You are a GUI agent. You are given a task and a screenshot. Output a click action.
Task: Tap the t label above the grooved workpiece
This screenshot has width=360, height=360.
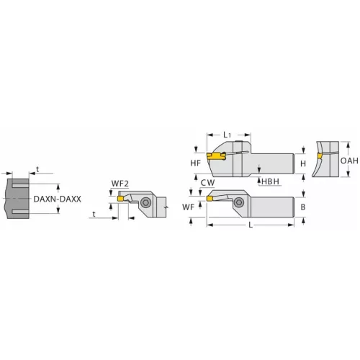coord(37,171)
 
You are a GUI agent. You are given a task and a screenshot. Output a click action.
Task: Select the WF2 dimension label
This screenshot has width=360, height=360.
coord(120,183)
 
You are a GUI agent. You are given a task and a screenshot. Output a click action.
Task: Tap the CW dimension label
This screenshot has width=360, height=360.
coord(208,184)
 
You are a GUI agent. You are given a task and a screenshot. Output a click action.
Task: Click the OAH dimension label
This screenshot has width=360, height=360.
coord(348,161)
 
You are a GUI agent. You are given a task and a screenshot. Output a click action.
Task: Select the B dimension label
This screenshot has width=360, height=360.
coord(303,207)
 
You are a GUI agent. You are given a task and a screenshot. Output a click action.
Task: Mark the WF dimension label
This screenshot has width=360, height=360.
coord(189,207)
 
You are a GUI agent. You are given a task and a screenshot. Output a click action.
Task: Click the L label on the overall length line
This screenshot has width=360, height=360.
coord(249,226)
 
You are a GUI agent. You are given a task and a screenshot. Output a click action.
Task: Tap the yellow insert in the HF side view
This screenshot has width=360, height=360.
coord(214,156)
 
